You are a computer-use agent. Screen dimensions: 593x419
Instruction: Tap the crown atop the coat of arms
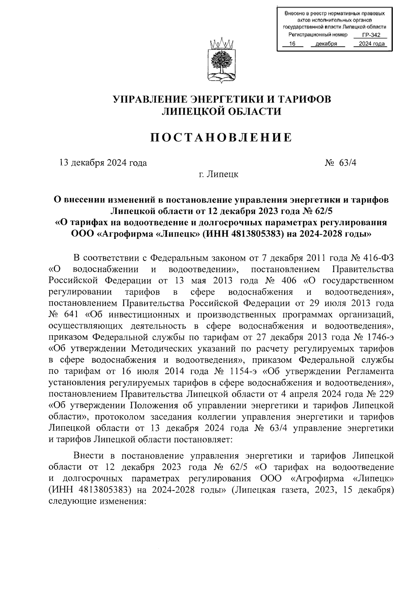point(221,44)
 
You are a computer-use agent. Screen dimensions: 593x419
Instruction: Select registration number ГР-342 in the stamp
point(371,35)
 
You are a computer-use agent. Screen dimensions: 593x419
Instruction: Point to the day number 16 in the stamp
point(293,44)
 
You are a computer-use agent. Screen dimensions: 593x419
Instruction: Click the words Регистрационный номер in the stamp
point(318,35)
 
